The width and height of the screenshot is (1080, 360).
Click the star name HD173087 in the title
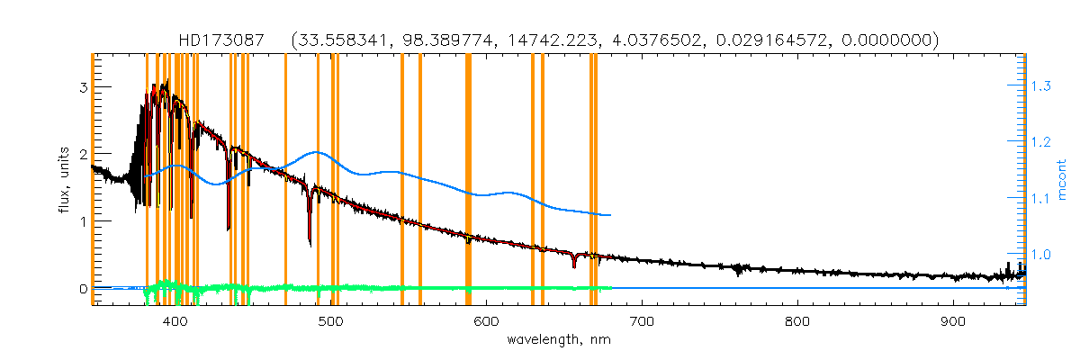click(x=224, y=40)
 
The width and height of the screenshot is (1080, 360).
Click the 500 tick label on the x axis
click(x=330, y=321)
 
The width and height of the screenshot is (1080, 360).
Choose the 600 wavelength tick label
click(x=486, y=321)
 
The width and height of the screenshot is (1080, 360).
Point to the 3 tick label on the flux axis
click(x=82, y=87)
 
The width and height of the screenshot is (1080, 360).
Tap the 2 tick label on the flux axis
click(x=82, y=154)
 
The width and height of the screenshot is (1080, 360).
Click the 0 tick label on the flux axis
click(x=82, y=288)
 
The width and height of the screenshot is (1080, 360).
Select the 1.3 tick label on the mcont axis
click(x=1041, y=86)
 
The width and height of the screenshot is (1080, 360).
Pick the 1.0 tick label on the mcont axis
click(x=1041, y=255)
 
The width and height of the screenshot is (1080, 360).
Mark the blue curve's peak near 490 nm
click(x=316, y=152)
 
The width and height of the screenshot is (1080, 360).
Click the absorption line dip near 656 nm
click(x=573, y=265)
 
